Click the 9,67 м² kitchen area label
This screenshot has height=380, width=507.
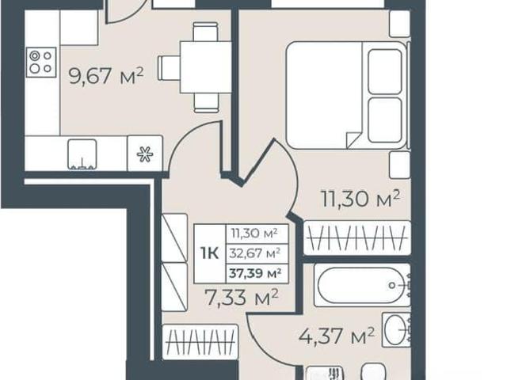[x=106, y=76]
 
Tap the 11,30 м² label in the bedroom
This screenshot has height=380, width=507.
[x=360, y=198]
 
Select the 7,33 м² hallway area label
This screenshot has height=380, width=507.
[x=242, y=298]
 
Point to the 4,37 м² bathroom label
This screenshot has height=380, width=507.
[x=337, y=336]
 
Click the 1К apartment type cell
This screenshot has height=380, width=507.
[x=209, y=253]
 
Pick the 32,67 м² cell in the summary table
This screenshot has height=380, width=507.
[x=255, y=253]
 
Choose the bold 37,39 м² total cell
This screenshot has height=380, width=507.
[x=255, y=274]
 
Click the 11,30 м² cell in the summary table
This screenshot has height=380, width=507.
[x=254, y=234]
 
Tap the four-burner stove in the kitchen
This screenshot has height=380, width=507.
[x=41, y=62]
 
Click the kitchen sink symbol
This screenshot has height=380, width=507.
[x=82, y=155]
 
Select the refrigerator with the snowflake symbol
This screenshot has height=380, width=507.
[x=144, y=154]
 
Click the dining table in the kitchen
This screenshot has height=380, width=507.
[x=206, y=67]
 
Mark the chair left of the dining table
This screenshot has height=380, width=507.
[x=169, y=68]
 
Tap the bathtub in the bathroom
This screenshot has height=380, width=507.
[x=362, y=285]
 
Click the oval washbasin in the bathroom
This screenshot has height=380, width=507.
[x=396, y=329]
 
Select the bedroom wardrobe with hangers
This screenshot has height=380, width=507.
[x=357, y=237]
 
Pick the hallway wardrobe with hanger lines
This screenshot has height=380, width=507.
[x=200, y=342]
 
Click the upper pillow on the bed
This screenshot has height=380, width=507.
[x=385, y=71]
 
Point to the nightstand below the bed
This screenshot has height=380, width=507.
[x=400, y=165]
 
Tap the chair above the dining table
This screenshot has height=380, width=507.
[x=206, y=32]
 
